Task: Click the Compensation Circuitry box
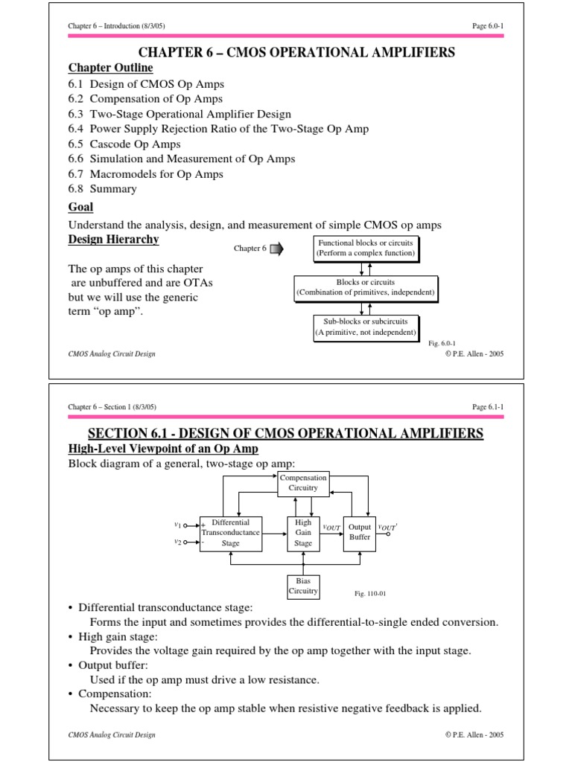pyautogui.click(x=303, y=483)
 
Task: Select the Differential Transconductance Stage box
pyautogui.click(x=230, y=533)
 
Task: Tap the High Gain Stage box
pyautogui.click(x=303, y=533)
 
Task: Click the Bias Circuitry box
pyautogui.click(x=303, y=586)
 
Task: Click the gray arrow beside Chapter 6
pyautogui.click(x=276, y=249)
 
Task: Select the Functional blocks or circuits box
pyautogui.click(x=365, y=249)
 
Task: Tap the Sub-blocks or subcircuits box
pyautogui.click(x=365, y=327)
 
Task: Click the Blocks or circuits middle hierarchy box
pyautogui.click(x=365, y=288)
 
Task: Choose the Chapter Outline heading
pyautogui.click(x=110, y=68)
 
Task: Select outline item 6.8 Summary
pyautogui.click(x=103, y=189)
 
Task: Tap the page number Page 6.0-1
pyautogui.click(x=488, y=26)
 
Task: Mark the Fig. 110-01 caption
pyautogui.click(x=370, y=594)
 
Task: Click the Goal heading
pyautogui.click(x=80, y=208)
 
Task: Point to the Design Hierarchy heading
pyautogui.click(x=113, y=240)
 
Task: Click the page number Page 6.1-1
pyautogui.click(x=488, y=407)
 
